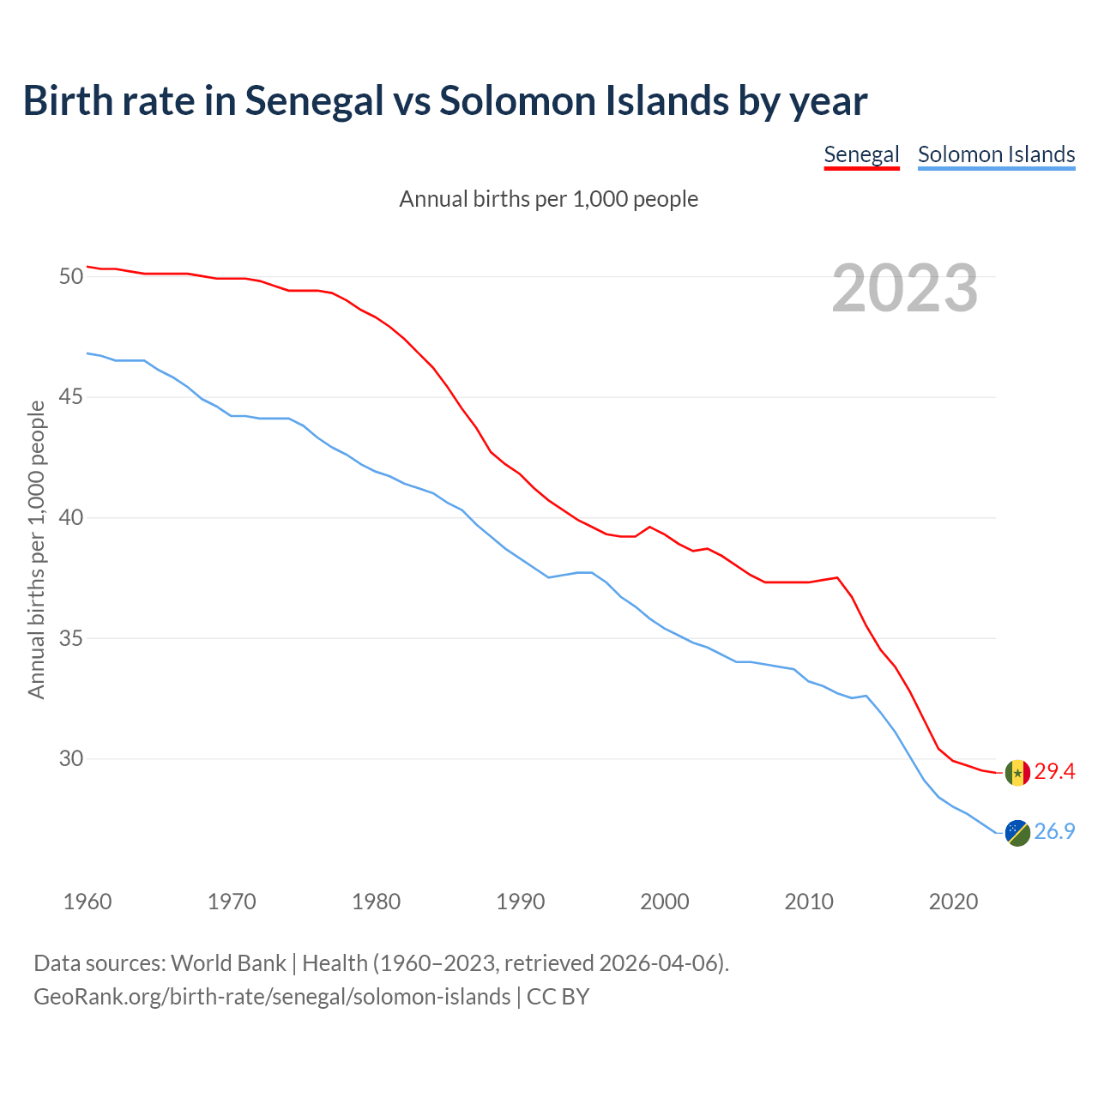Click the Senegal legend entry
(x=861, y=155)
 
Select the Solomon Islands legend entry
(x=996, y=155)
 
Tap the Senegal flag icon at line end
(x=1017, y=773)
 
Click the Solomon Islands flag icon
(x=1017, y=832)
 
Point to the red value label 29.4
(x=1054, y=772)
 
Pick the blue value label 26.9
(x=1054, y=832)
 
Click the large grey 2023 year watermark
(x=905, y=288)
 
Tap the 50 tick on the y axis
(x=70, y=277)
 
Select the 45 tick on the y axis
(x=70, y=397)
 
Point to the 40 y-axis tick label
(x=70, y=518)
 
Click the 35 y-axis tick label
(x=70, y=639)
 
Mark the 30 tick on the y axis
(x=70, y=759)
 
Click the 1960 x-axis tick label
(x=87, y=902)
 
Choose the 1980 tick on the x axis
(x=377, y=902)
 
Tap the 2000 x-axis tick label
(x=665, y=902)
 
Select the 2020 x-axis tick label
(x=954, y=902)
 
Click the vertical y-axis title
(x=36, y=549)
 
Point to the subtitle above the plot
(x=549, y=199)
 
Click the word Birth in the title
(x=68, y=101)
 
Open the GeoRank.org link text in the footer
(x=272, y=997)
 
